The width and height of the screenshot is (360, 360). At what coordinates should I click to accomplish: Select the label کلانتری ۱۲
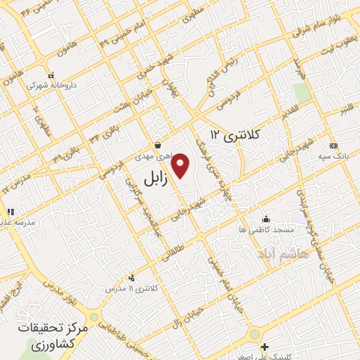[236, 134]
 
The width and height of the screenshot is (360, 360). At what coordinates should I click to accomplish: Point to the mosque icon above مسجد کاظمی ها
[265, 219]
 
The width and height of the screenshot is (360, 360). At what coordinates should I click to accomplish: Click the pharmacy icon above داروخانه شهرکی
[51, 75]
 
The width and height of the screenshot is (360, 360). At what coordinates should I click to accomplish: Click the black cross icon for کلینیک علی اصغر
[264, 347]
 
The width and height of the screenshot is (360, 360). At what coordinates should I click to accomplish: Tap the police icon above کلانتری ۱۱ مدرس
[131, 278]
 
